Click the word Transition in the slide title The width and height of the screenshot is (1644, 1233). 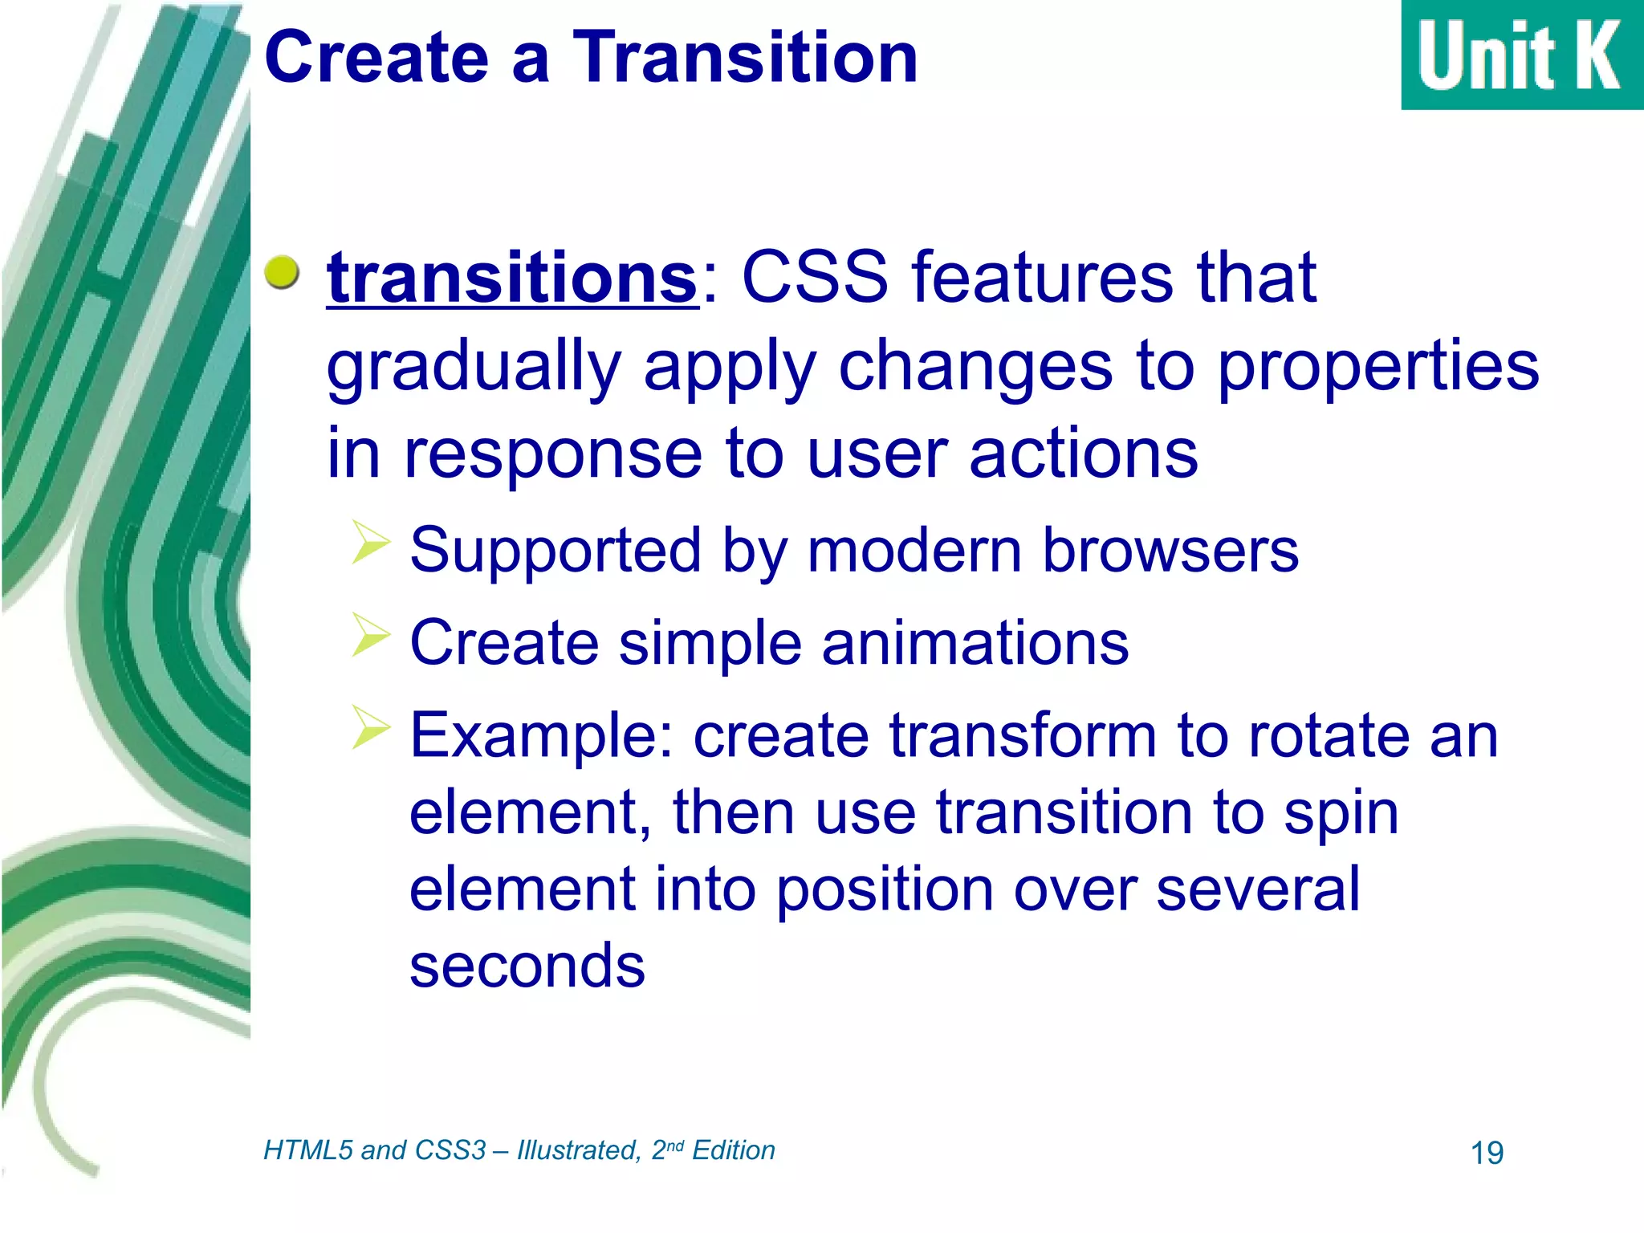click(x=745, y=58)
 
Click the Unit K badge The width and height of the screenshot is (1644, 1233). click(x=1521, y=55)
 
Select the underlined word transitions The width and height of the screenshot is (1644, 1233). click(x=512, y=278)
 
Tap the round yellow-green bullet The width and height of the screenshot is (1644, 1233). click(x=282, y=273)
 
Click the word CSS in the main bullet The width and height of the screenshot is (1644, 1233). click(x=814, y=278)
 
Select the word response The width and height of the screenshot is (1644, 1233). click(x=553, y=454)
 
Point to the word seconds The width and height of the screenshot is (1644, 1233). click(x=527, y=966)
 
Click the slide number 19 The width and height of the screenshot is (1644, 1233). click(x=1487, y=1154)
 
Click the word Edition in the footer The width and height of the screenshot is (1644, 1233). click(x=733, y=1150)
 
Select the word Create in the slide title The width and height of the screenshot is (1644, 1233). click(x=376, y=58)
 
